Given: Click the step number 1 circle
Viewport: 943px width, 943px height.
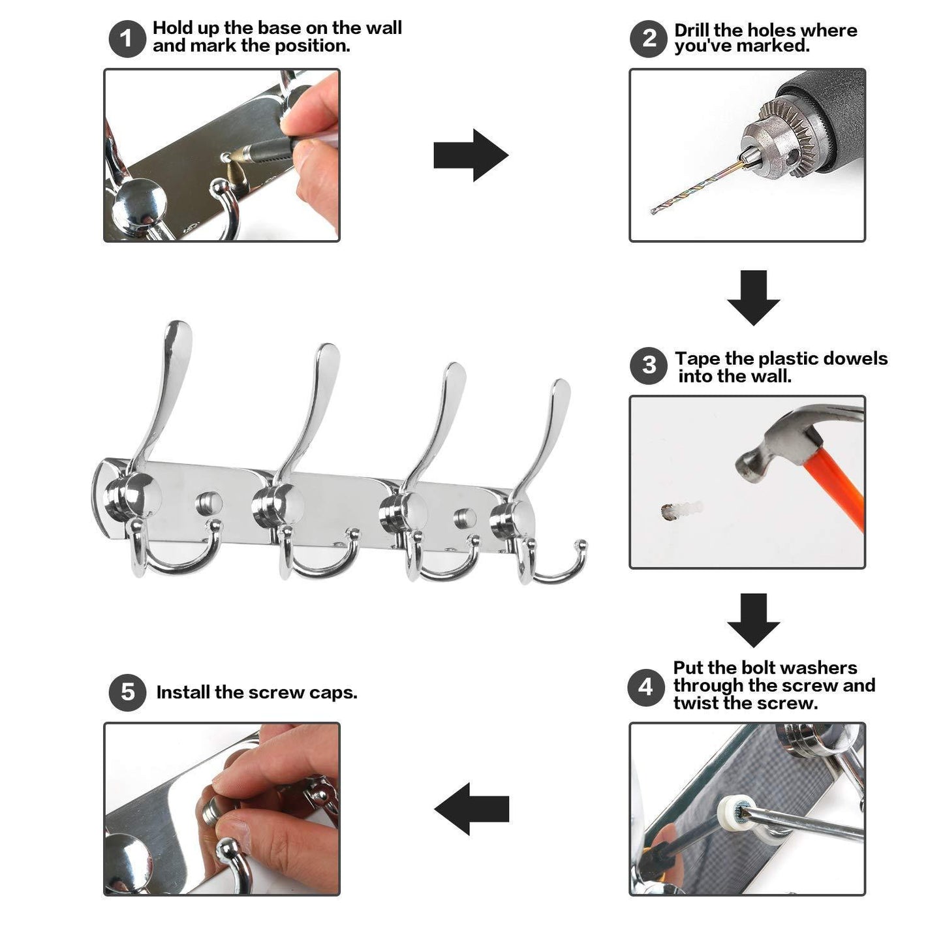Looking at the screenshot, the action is pyautogui.click(x=127, y=39).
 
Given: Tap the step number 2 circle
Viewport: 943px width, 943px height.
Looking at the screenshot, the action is pyautogui.click(x=649, y=39).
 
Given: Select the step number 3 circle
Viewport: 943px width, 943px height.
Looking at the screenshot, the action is pyautogui.click(x=649, y=365).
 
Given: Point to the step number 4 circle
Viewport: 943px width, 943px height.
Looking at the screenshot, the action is pyautogui.click(x=646, y=688).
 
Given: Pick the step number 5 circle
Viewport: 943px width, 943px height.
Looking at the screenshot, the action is pyautogui.click(x=127, y=692).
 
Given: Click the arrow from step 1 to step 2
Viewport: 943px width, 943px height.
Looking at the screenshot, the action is pyautogui.click(x=471, y=155).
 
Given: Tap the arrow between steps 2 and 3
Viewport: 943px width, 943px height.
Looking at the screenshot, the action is pyautogui.click(x=753, y=298).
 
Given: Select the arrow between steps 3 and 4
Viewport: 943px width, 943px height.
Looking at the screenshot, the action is pyautogui.click(x=753, y=621).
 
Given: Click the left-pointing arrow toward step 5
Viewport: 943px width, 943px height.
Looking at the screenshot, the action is pyautogui.click(x=472, y=809).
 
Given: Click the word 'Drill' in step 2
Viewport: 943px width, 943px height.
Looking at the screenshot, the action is pyautogui.click(x=692, y=30).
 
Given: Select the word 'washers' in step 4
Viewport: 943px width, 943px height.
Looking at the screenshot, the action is pyautogui.click(x=823, y=668).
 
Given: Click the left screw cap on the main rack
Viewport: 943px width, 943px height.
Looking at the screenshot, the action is pyautogui.click(x=209, y=504).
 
